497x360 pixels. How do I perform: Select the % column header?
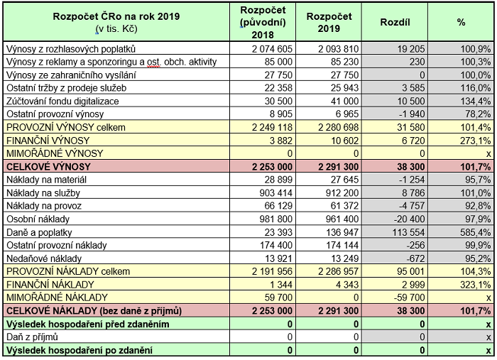pos(461,23)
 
